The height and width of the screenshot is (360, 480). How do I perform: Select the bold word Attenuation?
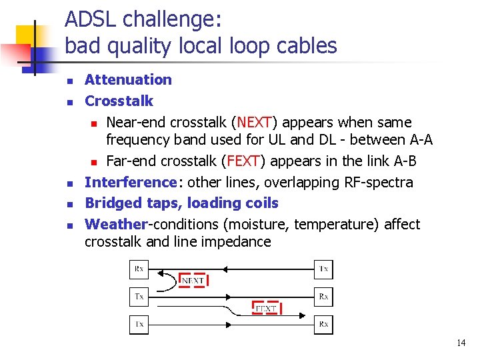tap(128, 80)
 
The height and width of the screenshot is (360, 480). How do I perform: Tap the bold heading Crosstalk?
tap(119, 101)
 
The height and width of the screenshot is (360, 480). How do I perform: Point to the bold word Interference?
tap(129, 182)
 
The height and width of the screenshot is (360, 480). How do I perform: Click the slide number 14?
tap(461, 343)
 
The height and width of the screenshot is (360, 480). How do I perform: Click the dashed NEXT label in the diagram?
tap(193, 281)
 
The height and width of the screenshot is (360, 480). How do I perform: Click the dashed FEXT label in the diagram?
tap(266, 309)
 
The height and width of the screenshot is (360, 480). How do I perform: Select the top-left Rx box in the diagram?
tap(139, 269)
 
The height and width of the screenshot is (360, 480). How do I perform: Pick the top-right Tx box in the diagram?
tap(323, 269)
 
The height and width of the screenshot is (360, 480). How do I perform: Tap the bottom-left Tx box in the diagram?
tap(139, 324)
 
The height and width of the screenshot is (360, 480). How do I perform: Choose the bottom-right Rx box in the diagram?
tap(323, 324)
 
